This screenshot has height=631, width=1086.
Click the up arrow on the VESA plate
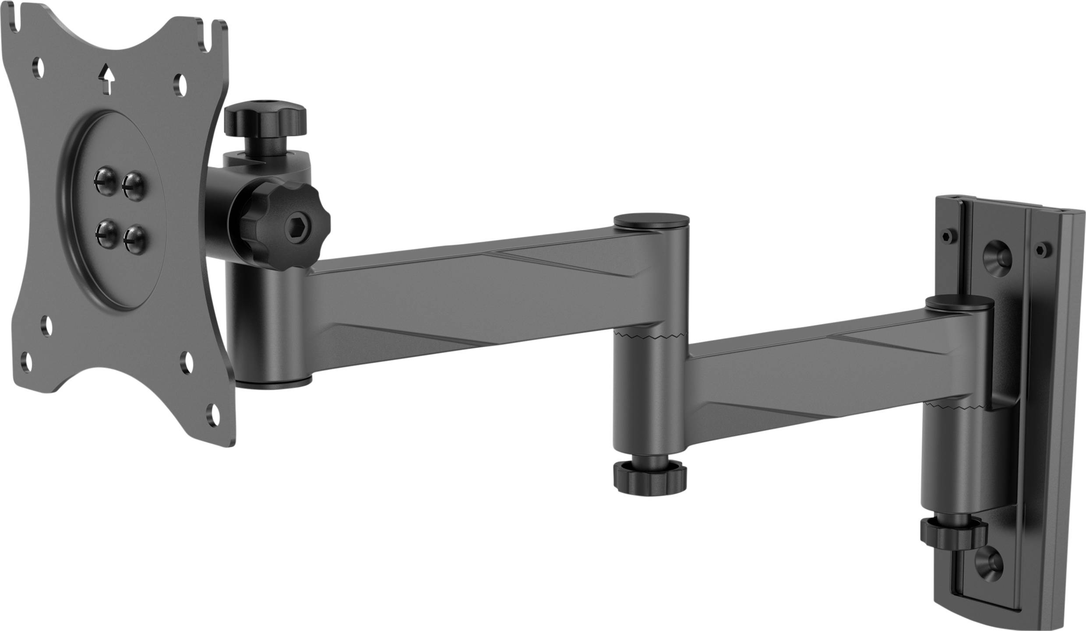click(106, 78)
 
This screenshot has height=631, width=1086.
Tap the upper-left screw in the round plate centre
click(106, 180)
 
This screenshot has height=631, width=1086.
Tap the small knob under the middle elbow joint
click(649, 478)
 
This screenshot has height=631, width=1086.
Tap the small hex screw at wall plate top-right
click(1042, 250)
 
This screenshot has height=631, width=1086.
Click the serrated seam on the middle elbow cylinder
click(650, 336)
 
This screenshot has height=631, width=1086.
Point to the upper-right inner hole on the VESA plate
click(180, 84)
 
